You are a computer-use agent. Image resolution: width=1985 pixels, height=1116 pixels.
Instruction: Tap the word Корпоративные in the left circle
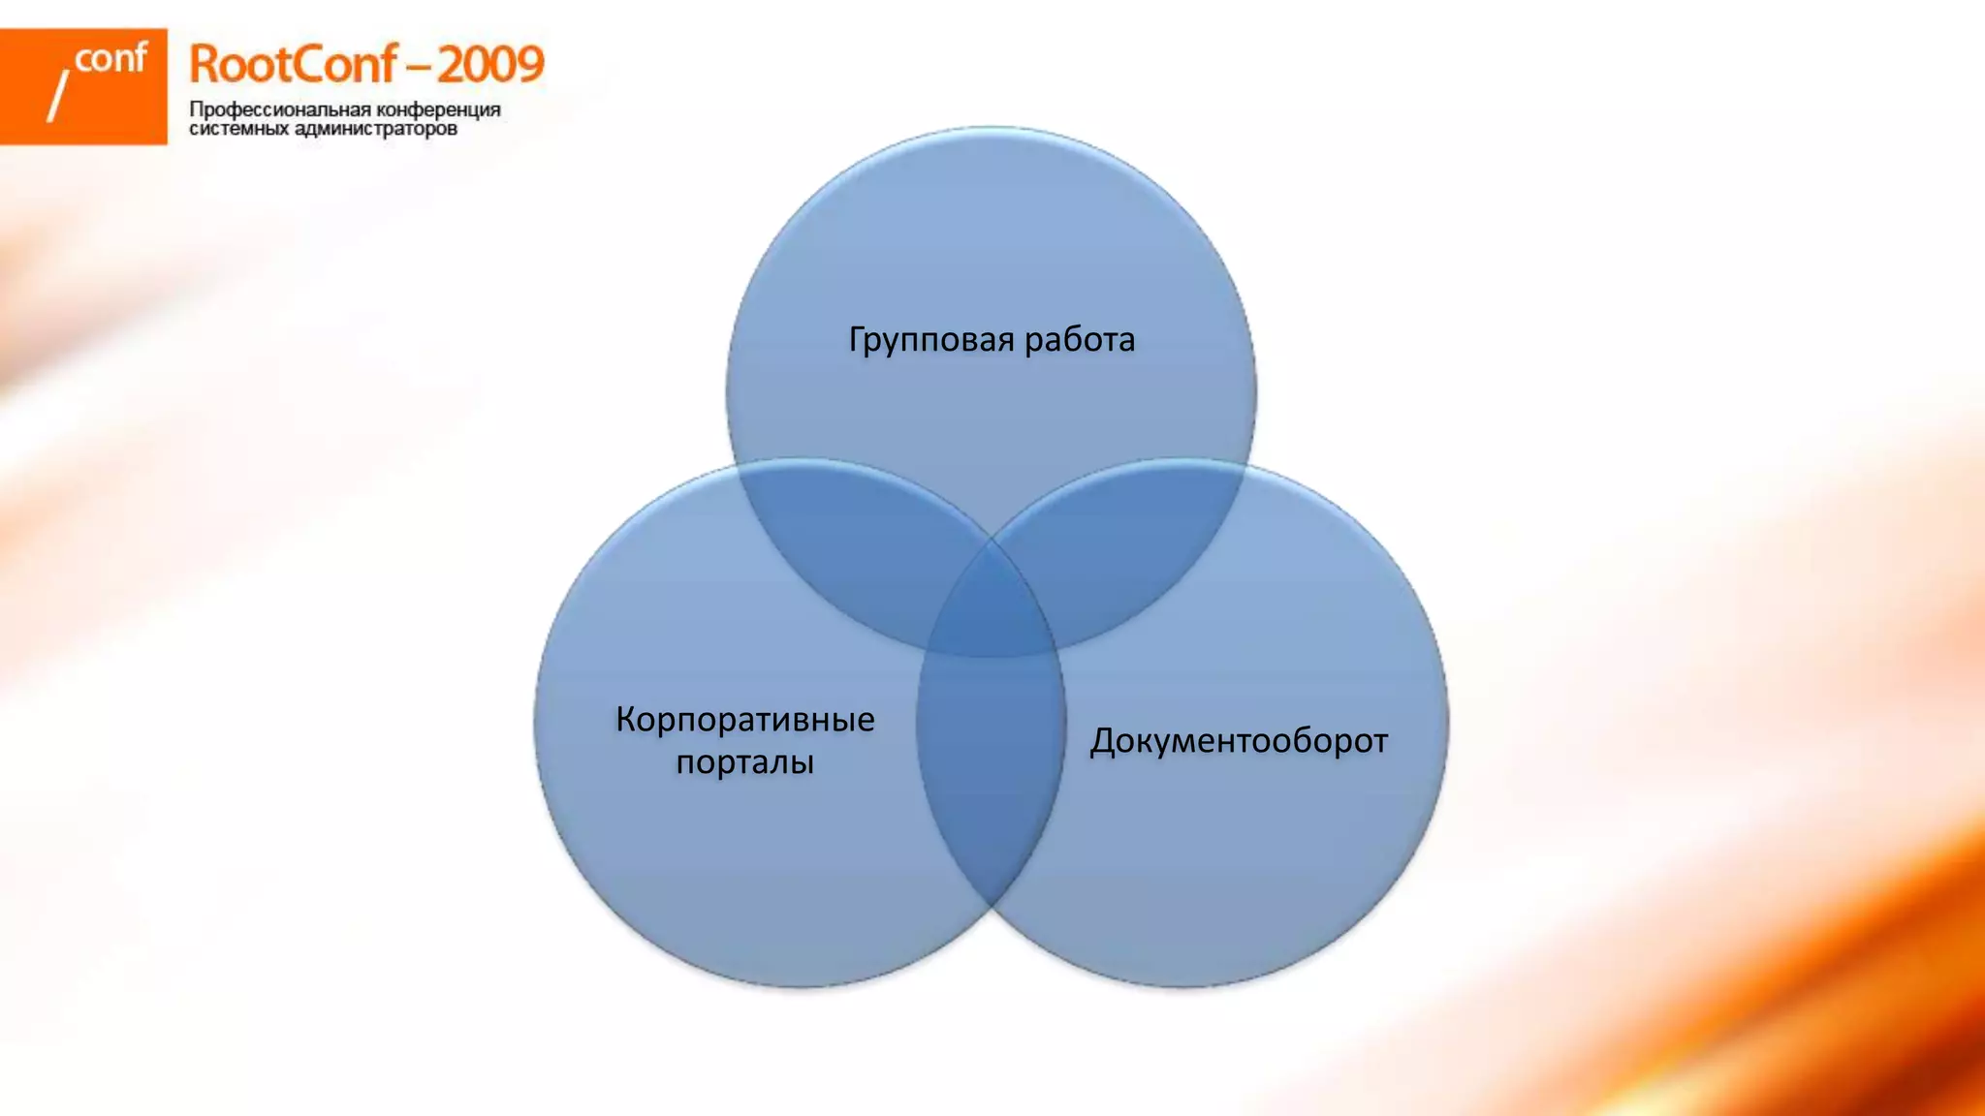(x=744, y=720)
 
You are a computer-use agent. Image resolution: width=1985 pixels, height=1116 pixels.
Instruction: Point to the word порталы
(x=744, y=762)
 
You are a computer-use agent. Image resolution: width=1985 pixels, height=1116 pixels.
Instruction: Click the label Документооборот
(x=1239, y=741)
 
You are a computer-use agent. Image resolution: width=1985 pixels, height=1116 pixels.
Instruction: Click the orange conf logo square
(x=83, y=87)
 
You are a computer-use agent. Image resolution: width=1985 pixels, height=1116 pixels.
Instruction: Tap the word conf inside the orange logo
(x=110, y=60)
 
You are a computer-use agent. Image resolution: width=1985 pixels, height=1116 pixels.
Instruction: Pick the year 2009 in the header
(x=490, y=66)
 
